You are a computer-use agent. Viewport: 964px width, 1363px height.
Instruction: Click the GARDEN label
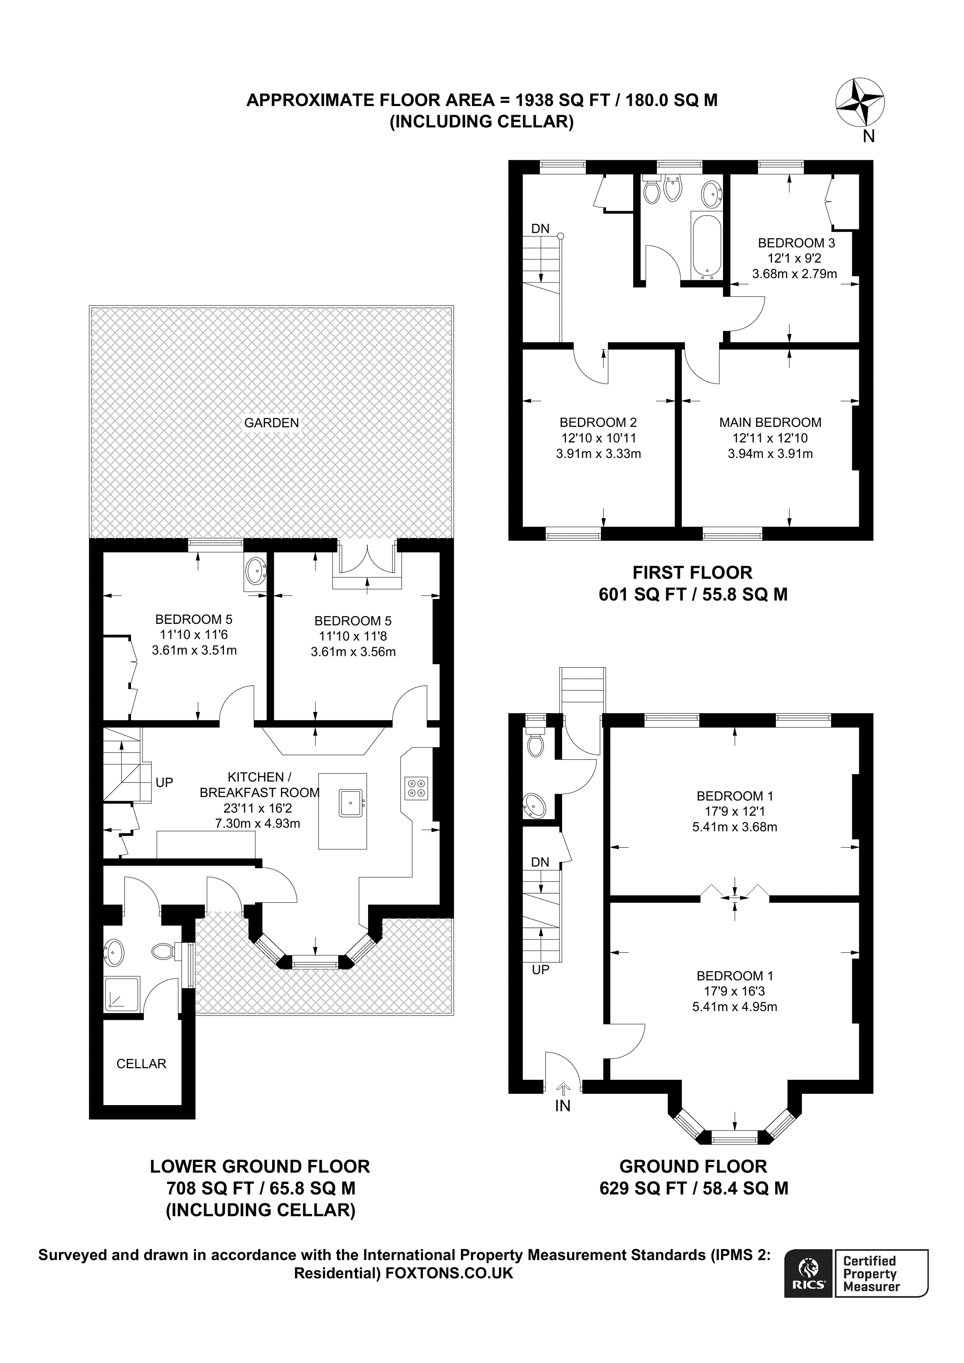click(271, 423)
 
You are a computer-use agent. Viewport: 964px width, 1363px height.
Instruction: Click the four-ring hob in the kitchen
click(416, 788)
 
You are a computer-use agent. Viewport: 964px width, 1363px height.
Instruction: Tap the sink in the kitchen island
click(351, 803)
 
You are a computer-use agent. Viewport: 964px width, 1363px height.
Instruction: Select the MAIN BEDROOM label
click(770, 423)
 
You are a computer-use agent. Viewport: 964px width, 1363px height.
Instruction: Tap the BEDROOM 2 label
click(598, 423)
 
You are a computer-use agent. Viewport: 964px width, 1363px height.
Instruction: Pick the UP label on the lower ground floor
click(164, 782)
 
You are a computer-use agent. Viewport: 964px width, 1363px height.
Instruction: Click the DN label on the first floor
click(540, 229)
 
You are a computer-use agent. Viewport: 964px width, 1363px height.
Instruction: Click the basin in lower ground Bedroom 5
click(255, 571)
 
